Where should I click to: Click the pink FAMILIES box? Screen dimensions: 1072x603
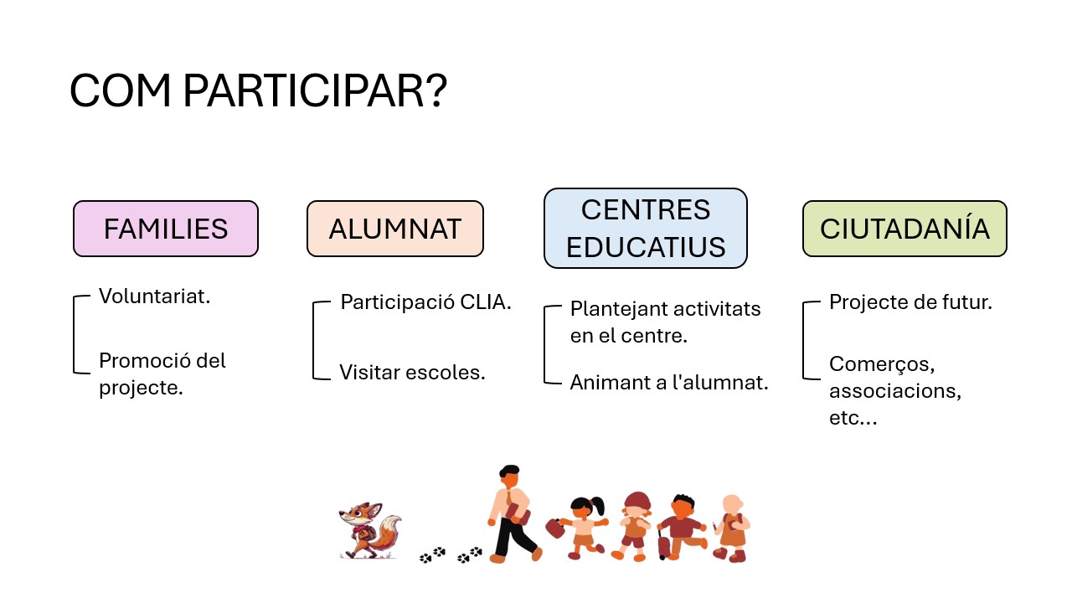coord(166,229)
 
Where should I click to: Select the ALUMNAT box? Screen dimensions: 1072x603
coord(395,229)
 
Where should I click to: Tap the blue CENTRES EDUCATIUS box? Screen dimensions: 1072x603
coord(646,229)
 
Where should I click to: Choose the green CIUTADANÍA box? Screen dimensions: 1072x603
coord(905,229)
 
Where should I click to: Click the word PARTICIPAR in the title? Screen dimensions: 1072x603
coord(315,90)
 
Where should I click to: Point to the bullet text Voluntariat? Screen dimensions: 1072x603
coord(155,296)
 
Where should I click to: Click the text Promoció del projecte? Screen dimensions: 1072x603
coord(162,374)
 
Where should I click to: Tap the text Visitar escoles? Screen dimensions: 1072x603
coord(413,373)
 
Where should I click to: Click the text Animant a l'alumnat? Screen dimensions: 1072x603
coord(669,383)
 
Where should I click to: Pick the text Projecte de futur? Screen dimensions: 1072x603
coord(910,302)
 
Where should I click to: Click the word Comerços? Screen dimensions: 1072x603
coord(882,364)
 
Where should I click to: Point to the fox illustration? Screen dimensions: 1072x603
coord(370,530)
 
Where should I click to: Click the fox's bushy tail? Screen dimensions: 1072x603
coord(388,532)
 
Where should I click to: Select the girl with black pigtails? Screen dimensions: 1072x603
coord(585,528)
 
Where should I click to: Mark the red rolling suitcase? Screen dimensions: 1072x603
coord(664,544)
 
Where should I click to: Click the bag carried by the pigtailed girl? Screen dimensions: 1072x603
coord(555,528)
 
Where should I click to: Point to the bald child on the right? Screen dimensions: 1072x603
coord(732,528)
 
